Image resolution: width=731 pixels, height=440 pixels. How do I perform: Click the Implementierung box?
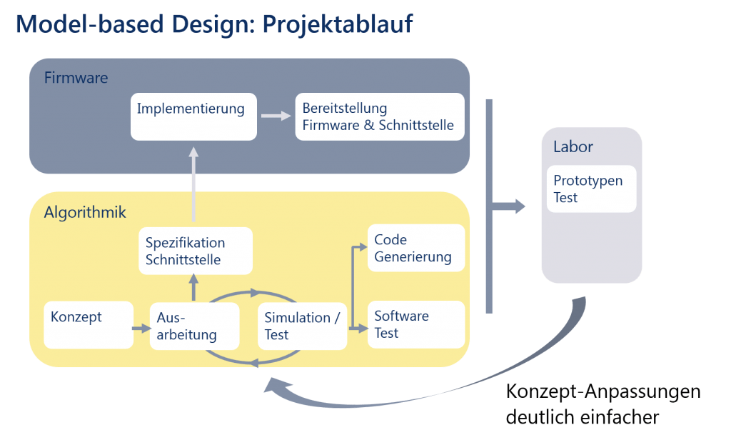point(193,116)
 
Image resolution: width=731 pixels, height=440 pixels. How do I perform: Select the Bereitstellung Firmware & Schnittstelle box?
point(379,116)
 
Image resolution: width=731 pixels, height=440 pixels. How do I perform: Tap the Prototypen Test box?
point(591,189)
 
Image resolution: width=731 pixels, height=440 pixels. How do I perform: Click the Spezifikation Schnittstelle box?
point(196,251)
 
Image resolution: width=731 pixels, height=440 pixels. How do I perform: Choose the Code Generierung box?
point(415,248)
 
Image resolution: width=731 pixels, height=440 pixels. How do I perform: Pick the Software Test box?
point(415,325)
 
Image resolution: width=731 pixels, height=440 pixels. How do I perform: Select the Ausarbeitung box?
point(194,326)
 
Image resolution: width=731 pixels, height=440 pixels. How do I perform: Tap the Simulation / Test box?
point(302,326)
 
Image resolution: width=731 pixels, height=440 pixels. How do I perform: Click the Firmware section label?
point(76,78)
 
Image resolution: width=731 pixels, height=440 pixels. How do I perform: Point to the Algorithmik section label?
point(85,211)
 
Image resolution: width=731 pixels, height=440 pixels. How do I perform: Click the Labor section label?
point(573,147)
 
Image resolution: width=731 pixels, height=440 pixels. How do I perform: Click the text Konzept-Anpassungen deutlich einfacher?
point(603,404)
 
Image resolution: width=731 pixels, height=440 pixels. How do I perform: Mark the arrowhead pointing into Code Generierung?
point(362,247)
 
